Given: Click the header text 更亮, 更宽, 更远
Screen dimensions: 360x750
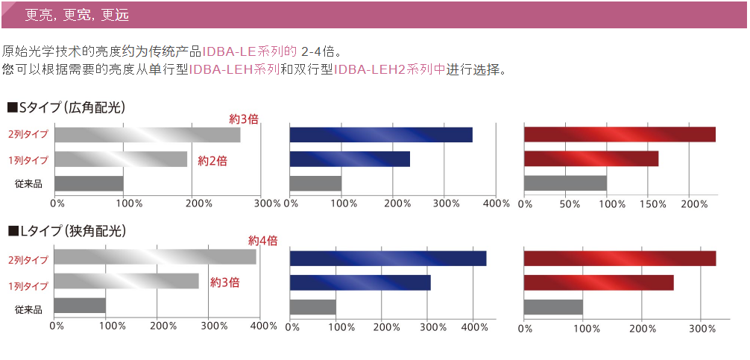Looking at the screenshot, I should click(x=75, y=14).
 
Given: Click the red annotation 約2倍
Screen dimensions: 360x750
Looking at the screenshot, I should click(x=212, y=160).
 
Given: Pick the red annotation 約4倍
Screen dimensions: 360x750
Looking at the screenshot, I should click(x=262, y=241).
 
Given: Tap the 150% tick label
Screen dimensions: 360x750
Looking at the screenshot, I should click(x=652, y=203).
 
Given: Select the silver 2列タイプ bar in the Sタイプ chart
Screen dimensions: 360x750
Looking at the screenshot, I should click(x=147, y=135).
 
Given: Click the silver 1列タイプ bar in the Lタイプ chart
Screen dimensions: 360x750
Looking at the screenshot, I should click(x=127, y=281).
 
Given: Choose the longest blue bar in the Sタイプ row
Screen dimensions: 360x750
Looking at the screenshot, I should click(x=381, y=135).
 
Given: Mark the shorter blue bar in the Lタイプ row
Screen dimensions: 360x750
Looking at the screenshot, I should click(x=360, y=283).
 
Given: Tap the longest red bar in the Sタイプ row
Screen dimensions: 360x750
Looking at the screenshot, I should click(x=620, y=135).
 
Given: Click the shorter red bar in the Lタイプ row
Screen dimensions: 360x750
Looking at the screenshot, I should click(x=599, y=283).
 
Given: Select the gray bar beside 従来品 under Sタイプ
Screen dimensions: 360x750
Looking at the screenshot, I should click(x=89, y=183).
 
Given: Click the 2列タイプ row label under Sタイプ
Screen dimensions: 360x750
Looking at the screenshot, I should click(x=28, y=135).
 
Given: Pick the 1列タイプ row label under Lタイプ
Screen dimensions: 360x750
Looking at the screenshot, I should click(x=28, y=285).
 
